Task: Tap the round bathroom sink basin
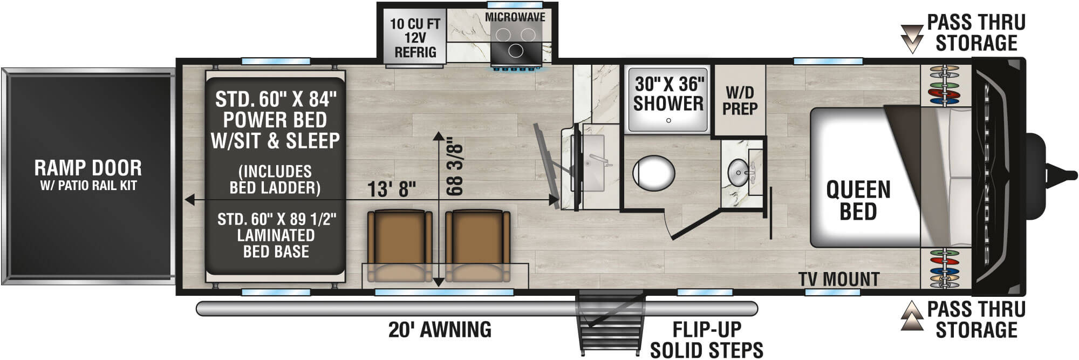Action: point(737,172)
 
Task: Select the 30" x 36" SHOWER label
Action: point(668,94)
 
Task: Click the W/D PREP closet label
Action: point(740,100)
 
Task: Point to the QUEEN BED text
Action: point(858,200)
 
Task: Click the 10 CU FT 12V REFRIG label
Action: point(415,38)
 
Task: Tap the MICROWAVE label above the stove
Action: point(515,17)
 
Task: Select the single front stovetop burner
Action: point(515,51)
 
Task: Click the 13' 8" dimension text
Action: point(392,189)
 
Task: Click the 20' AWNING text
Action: point(440,329)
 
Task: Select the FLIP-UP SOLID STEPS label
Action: point(706,339)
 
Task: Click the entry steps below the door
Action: point(611,324)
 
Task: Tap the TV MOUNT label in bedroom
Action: point(839,279)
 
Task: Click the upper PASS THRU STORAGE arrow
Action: point(912,38)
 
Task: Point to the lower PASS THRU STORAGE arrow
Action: point(912,316)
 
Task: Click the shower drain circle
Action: point(668,120)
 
